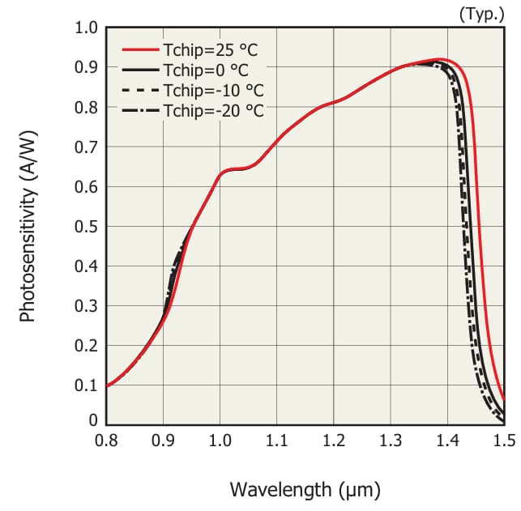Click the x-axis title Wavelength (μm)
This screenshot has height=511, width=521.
tap(305, 489)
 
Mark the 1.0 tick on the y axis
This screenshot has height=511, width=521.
tap(86, 28)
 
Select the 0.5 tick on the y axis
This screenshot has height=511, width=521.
tap(86, 226)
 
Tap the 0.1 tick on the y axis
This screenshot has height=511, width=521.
tap(86, 385)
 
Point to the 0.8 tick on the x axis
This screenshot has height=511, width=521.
tap(106, 441)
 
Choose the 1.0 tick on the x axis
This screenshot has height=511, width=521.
tap(220, 441)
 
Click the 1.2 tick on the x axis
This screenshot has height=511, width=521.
tap(334, 441)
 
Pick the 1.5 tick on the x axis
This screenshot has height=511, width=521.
tap(503, 441)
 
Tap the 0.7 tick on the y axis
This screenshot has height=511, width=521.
tap(86, 147)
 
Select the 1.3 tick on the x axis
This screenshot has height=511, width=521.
tap(391, 441)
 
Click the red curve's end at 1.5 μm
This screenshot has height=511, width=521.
tap(503, 399)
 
